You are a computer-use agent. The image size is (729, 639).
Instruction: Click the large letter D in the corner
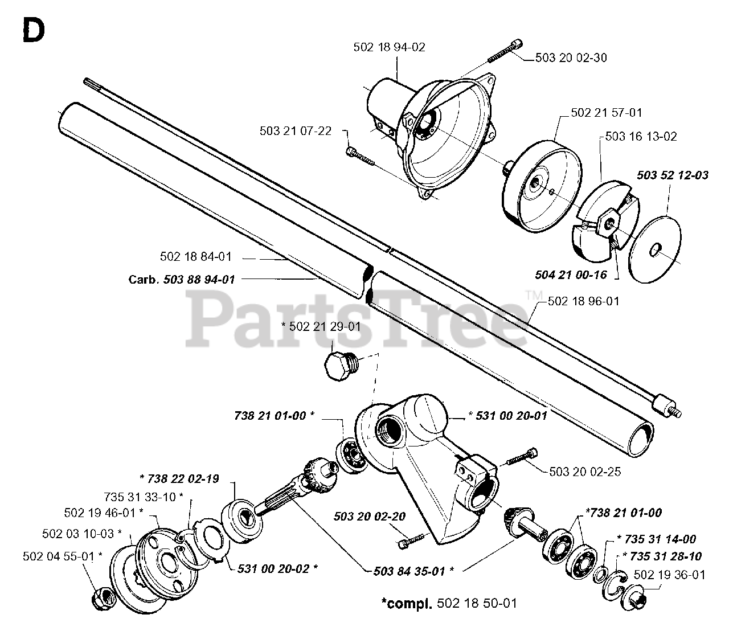32,30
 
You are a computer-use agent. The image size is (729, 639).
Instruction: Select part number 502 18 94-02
389,47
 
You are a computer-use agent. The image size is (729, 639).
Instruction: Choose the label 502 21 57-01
607,113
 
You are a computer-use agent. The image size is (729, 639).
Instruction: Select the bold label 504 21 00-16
571,275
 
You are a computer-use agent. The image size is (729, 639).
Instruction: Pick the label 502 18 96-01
584,301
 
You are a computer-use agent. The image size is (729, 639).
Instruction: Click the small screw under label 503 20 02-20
411,538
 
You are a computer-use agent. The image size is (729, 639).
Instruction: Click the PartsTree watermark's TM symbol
533,295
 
